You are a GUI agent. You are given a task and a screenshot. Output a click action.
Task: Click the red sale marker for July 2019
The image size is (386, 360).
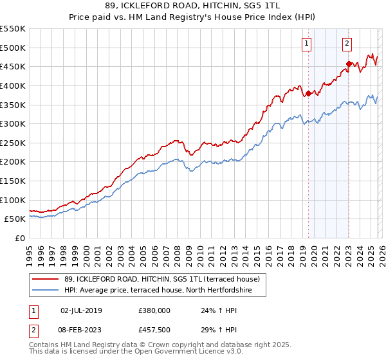click(308, 93)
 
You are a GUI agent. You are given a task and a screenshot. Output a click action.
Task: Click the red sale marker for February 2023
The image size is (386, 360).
click(349, 64)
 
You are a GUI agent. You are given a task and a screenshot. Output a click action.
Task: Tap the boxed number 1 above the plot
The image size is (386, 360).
click(306, 44)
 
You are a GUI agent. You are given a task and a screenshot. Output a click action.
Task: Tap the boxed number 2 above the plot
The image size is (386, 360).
click(347, 44)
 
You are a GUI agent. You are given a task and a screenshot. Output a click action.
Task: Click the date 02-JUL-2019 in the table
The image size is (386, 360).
click(81, 310)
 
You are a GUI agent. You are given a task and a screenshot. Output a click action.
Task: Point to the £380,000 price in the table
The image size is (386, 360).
click(154, 310)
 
